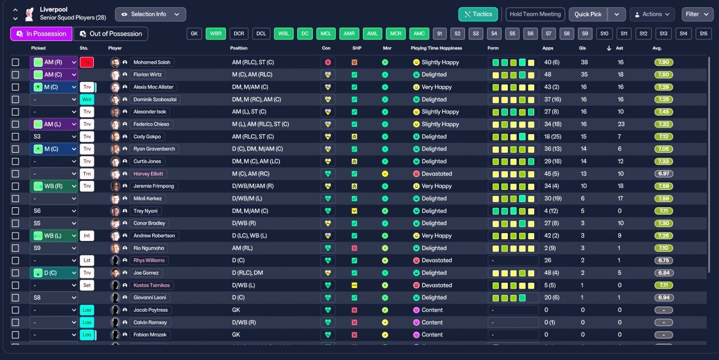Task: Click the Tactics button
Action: point(478,14)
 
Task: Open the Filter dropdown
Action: point(698,14)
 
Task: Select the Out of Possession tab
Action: point(111,34)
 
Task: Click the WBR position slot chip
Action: point(215,34)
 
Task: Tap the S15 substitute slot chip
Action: point(703,34)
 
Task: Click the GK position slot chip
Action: point(194,34)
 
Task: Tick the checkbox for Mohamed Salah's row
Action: point(15,62)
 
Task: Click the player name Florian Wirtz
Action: point(149,75)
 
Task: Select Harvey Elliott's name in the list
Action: point(149,174)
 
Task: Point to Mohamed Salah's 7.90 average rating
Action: point(663,62)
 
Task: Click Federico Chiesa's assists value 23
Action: point(621,124)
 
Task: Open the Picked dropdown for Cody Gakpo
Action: point(54,136)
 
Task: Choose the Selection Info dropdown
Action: point(151,14)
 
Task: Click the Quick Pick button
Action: point(588,14)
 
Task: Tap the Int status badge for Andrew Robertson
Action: point(87,236)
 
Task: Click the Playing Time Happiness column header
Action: point(436,48)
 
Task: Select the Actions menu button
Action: point(652,14)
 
